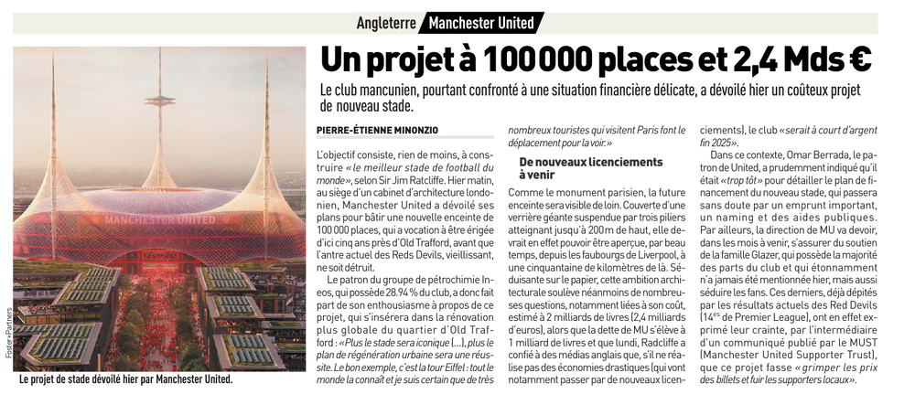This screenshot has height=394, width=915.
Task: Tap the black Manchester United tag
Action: pyautogui.click(x=484, y=22)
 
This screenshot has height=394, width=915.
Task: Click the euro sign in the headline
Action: pyautogui.click(x=858, y=59)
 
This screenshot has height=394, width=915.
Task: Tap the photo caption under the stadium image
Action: pyautogui.click(x=125, y=378)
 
